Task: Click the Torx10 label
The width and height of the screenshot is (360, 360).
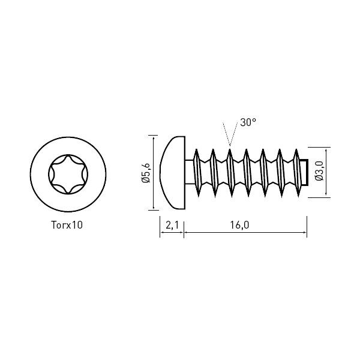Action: point(67,225)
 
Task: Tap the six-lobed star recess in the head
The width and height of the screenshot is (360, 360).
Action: point(68,174)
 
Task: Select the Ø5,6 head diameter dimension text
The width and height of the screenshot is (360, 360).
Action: point(146,173)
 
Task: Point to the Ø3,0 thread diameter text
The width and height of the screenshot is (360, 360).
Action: point(319,171)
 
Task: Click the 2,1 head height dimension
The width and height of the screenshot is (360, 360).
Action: point(172,225)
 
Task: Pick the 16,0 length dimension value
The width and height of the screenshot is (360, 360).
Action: point(239,225)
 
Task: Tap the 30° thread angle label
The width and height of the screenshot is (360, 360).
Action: point(248,122)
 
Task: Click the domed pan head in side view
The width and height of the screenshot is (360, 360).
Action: point(173,173)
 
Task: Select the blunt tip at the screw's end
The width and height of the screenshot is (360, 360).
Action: point(304,172)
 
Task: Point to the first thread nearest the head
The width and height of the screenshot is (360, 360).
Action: point(197,173)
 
